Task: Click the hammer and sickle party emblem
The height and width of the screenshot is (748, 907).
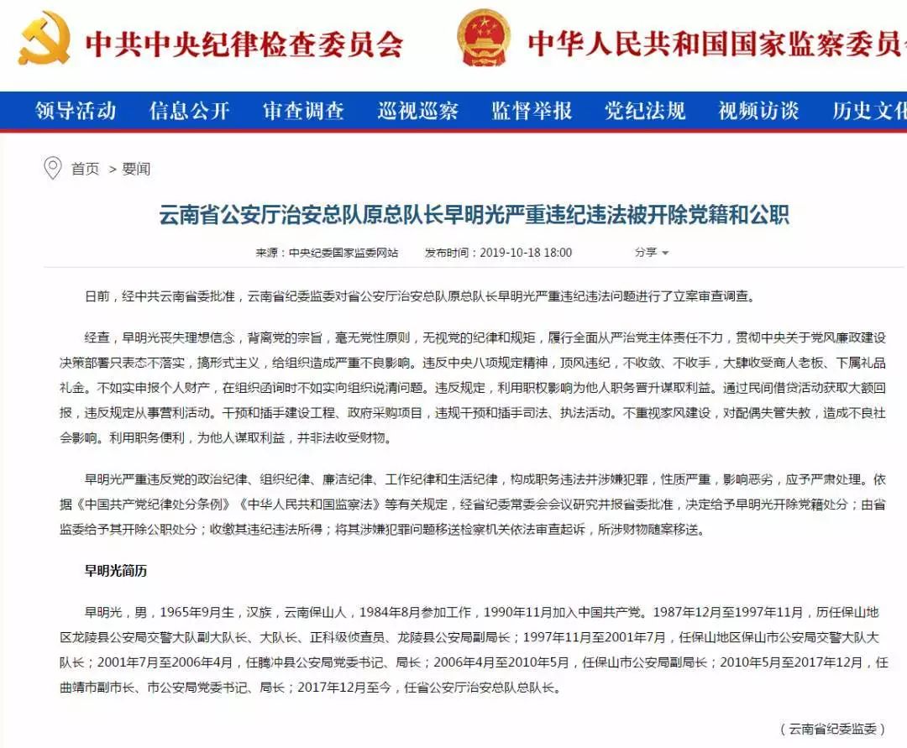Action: pyautogui.click(x=45, y=38)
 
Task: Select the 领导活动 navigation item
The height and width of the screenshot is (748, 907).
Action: pyautogui.click(x=76, y=111)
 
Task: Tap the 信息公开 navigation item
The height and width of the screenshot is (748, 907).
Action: pyautogui.click(x=189, y=111)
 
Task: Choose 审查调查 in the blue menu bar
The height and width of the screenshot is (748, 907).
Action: pyautogui.click(x=303, y=111)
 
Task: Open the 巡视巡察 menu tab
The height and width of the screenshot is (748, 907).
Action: pyautogui.click(x=417, y=111)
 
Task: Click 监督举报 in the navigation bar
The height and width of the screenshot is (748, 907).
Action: pyautogui.click(x=532, y=111)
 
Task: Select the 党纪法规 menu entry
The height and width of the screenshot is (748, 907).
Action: pyautogui.click(x=645, y=111)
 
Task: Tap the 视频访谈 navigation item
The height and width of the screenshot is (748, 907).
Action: pyautogui.click(x=758, y=111)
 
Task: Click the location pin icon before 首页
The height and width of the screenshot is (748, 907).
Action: pyautogui.click(x=52, y=168)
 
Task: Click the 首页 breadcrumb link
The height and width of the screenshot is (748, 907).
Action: pyautogui.click(x=85, y=170)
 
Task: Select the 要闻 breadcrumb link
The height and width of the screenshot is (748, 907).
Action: pyautogui.click(x=136, y=170)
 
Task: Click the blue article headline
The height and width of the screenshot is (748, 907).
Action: pyautogui.click(x=474, y=215)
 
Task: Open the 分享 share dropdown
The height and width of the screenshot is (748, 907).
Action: pyautogui.click(x=652, y=253)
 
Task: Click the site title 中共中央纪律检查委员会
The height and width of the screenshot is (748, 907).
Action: pyautogui.click(x=244, y=44)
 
